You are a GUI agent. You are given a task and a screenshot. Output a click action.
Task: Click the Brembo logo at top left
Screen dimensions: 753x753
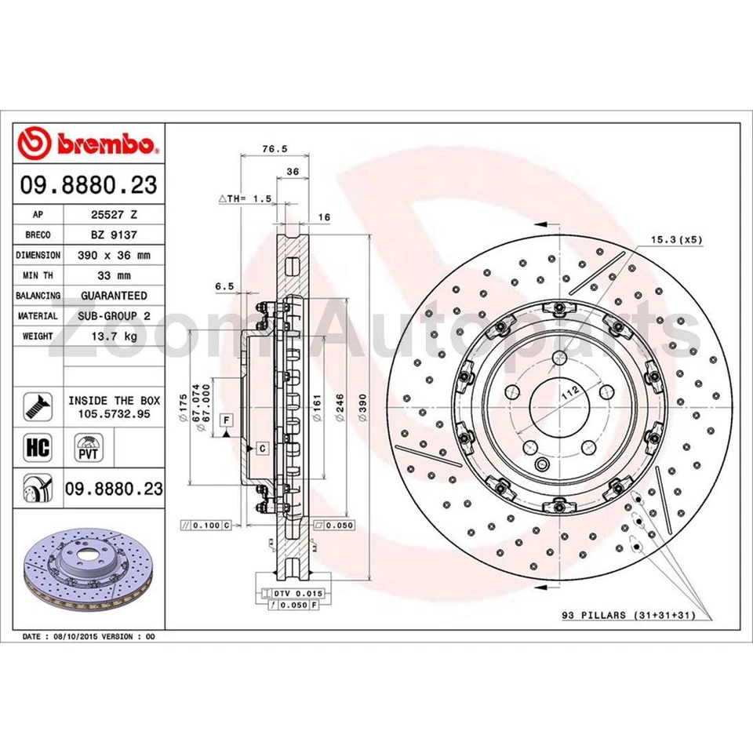tap(89, 144)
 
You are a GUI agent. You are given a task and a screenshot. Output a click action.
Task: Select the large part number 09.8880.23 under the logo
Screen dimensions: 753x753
tap(89, 185)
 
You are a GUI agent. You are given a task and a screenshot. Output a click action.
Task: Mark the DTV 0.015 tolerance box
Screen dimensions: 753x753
tap(295, 594)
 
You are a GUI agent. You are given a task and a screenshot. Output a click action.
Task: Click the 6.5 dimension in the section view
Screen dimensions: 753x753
tap(225, 287)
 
